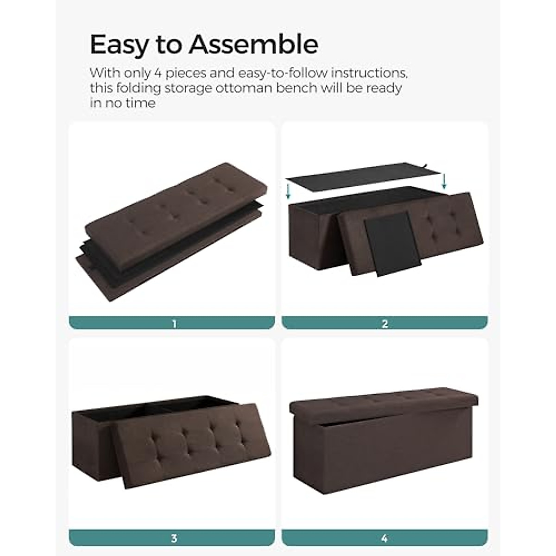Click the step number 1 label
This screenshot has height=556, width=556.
tap(174, 324)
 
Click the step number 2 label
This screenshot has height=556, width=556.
tap(385, 324)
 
